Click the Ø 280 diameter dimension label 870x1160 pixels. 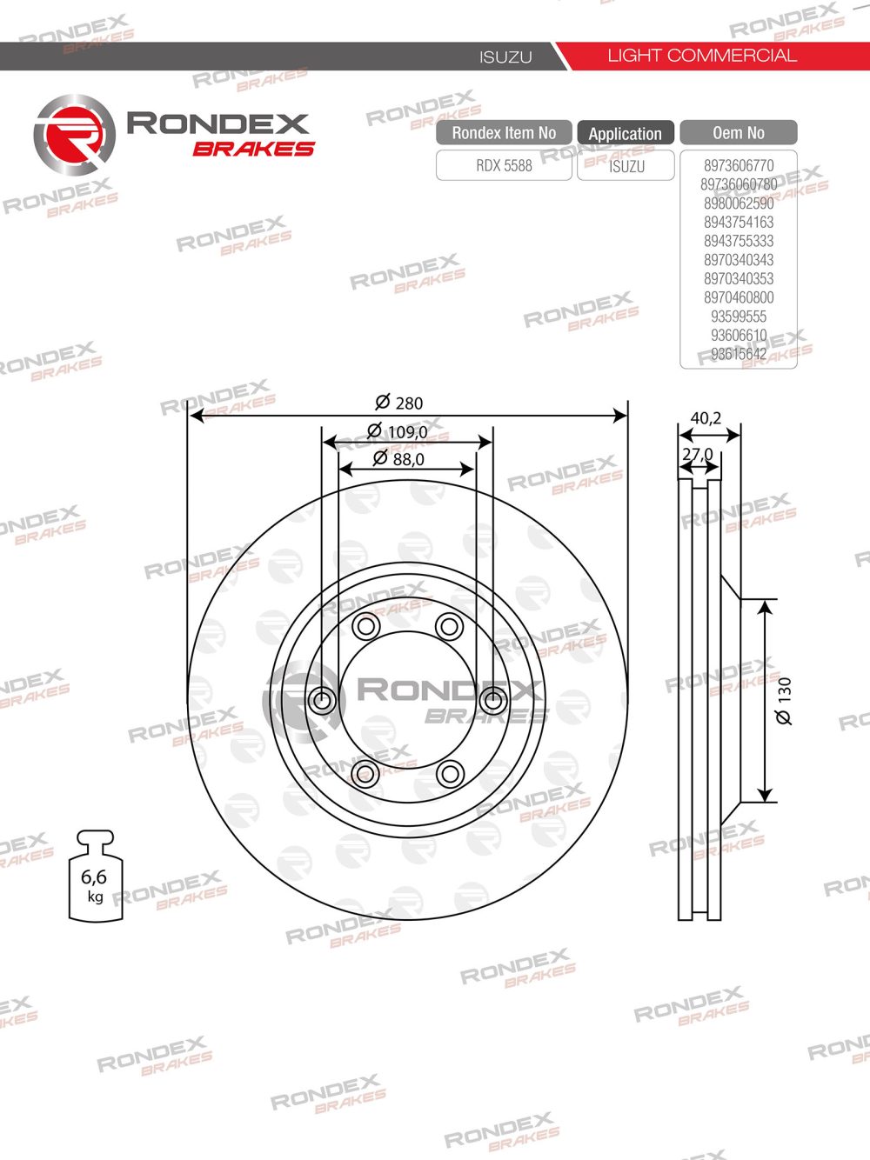pos(399,403)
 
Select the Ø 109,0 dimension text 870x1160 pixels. pos(398,431)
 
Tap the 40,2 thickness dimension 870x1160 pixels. pos(706,418)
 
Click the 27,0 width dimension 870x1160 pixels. pos(697,454)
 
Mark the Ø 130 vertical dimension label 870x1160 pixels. pos(784,701)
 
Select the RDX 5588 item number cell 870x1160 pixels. pos(504,165)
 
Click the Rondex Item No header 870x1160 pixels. pos(504,133)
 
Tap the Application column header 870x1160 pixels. pos(625,134)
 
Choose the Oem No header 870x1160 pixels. pos(738,133)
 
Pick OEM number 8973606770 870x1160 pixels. pos(739,165)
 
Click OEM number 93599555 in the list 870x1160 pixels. pos(739,317)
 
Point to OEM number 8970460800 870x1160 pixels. pos(739,297)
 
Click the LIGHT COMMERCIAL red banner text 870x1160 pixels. pos(701,56)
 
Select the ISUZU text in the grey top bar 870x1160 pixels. pos(505,57)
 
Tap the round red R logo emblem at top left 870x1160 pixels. pos(74,136)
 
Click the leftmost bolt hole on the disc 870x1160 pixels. pos(322,699)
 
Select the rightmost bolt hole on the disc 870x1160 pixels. pos(492,699)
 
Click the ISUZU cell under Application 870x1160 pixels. pos(626,166)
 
